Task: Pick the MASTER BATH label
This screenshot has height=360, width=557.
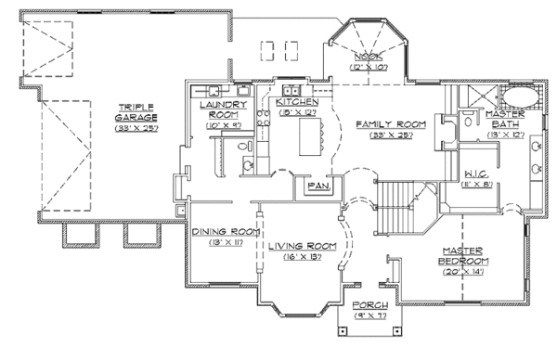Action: pos(506,120)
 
